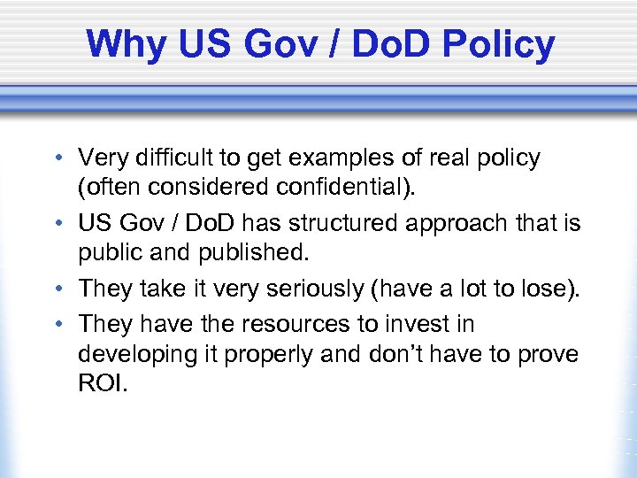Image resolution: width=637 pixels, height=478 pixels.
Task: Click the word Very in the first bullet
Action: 103,158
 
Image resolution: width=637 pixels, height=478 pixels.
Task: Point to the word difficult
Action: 172,158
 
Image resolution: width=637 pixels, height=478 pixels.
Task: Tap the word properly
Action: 257,353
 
